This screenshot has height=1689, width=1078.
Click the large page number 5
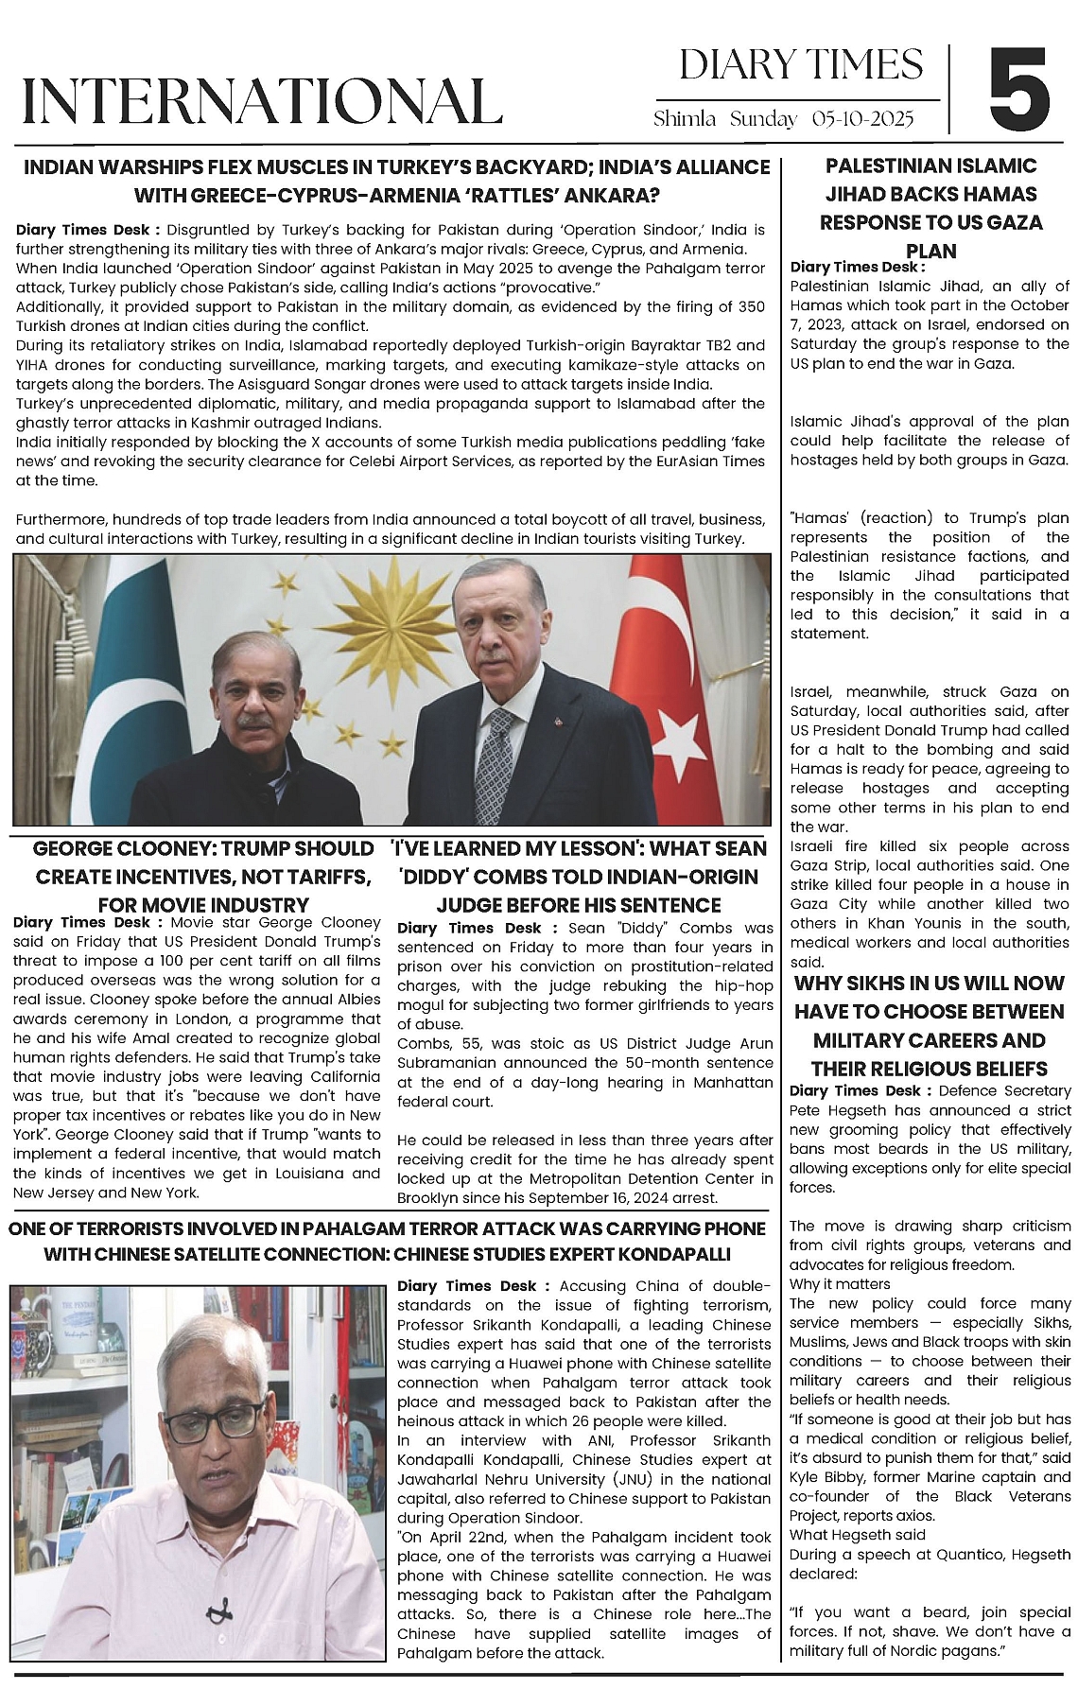pos(1019,89)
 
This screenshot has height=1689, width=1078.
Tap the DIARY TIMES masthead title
pos(801,64)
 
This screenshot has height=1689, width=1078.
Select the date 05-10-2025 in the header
pos(862,119)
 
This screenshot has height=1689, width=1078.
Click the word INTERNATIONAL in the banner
pos(262,101)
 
